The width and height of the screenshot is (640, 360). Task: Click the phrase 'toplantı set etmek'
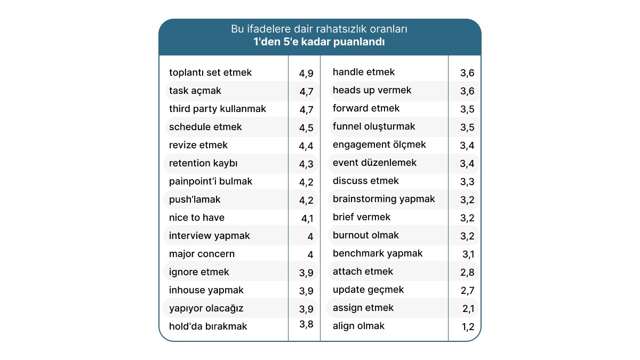210,73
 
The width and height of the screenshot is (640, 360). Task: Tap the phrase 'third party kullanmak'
217,109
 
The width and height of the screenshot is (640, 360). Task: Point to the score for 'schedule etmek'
306,128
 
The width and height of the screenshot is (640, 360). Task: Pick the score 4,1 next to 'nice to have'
308,218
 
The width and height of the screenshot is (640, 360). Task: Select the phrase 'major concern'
202,254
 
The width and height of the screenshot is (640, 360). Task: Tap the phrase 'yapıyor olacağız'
206,308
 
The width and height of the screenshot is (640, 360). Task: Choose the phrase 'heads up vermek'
372,90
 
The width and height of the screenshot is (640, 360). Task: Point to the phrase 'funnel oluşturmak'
374,126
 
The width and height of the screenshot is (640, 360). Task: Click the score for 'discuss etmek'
467,182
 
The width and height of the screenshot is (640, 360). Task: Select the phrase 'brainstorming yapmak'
383,199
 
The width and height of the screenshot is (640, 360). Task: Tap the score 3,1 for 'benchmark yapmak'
467,254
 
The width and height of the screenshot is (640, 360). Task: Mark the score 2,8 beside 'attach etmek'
467,273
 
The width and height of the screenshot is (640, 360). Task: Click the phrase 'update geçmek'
368,290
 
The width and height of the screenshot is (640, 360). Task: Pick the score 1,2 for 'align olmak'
468,327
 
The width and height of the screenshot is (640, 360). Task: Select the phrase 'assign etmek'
363,308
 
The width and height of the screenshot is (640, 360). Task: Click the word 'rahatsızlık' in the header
339,29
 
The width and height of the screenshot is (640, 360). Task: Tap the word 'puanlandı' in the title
360,42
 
